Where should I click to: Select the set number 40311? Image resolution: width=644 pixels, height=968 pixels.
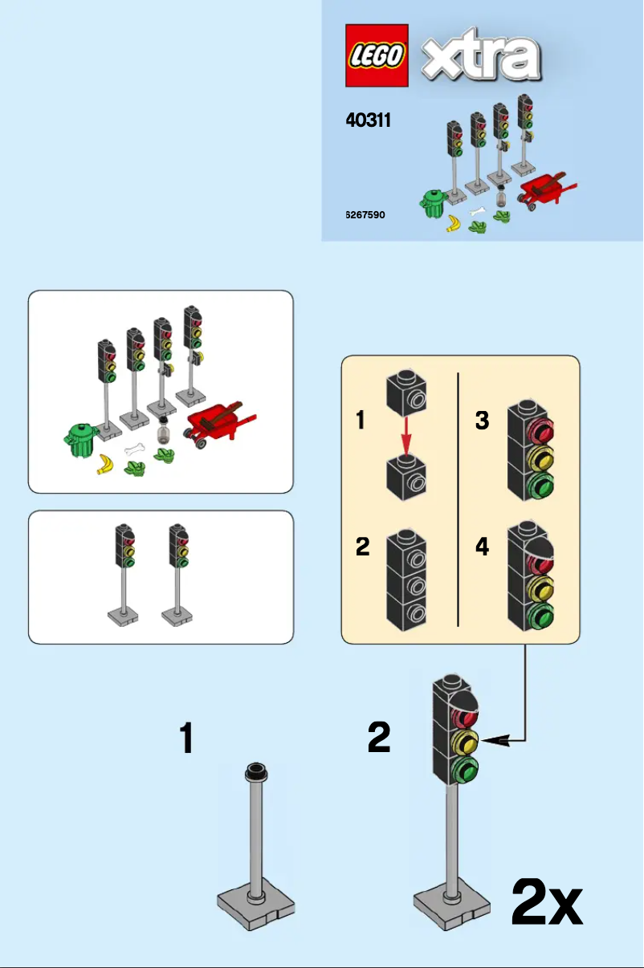368,121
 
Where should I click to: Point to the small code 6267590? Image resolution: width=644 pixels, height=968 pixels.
365,215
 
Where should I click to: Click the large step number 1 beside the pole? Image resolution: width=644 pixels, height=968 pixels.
186,738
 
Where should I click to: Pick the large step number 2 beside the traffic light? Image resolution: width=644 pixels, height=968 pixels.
379,738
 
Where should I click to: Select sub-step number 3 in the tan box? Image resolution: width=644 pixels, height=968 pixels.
482,420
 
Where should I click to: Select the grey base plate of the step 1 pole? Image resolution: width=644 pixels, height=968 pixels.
256,906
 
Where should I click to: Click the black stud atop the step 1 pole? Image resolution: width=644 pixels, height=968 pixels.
256,772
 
